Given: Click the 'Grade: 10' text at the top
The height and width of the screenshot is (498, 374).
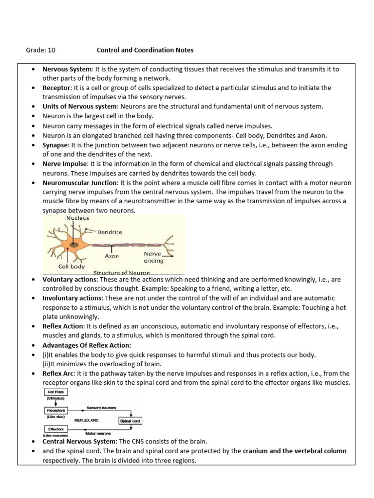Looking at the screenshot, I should click(40, 50).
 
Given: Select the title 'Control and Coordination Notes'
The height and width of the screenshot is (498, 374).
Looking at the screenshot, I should click(145, 50).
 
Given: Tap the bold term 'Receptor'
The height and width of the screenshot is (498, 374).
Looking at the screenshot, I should click(56, 88).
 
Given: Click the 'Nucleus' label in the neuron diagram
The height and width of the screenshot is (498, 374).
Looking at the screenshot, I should click(77, 218).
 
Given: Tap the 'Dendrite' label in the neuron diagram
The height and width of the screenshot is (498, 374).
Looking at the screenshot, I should click(110, 232).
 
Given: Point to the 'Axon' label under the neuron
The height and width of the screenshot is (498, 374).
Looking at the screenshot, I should click(112, 256).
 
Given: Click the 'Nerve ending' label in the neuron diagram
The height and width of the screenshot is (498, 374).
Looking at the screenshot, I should click(153, 257).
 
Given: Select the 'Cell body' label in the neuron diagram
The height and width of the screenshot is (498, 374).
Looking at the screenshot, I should click(72, 266).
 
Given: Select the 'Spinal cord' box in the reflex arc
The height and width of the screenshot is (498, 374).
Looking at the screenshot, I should click(131, 420).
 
